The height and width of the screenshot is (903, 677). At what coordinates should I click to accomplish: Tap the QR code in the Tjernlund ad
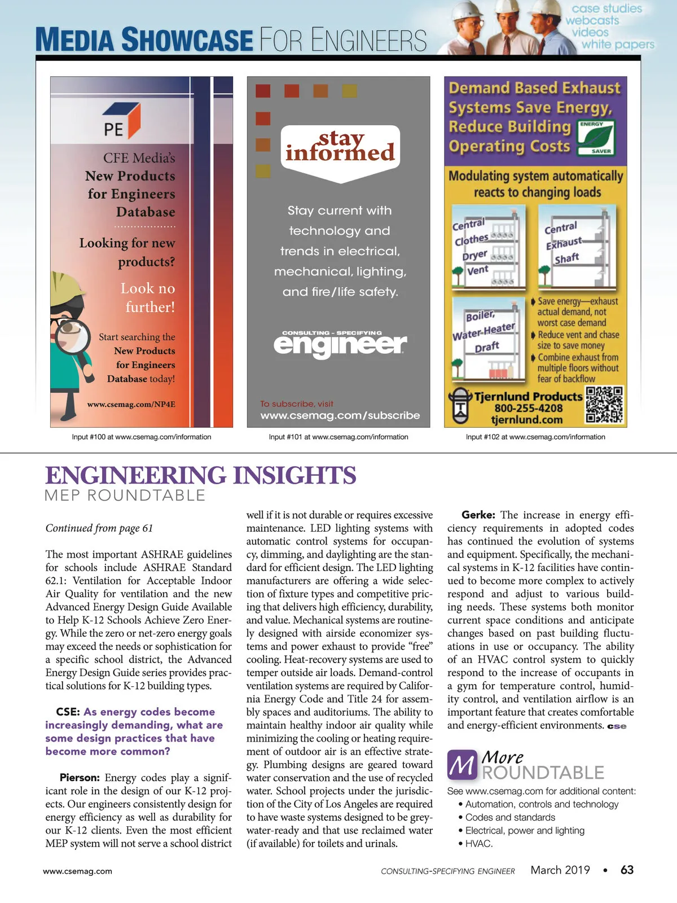click(x=604, y=405)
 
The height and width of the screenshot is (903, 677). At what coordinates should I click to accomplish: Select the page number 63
click(x=627, y=870)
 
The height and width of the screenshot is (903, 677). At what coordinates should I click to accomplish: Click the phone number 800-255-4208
click(x=528, y=408)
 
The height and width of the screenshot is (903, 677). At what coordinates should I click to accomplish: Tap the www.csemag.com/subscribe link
click(x=340, y=415)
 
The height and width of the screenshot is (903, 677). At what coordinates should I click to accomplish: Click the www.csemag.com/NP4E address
click(x=131, y=404)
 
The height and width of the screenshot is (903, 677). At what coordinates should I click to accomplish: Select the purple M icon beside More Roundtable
click(x=462, y=765)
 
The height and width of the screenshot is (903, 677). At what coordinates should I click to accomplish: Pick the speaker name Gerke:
click(x=478, y=515)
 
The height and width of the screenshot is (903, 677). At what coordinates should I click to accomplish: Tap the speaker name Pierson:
click(x=80, y=778)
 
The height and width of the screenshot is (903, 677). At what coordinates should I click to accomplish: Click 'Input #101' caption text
click(x=338, y=437)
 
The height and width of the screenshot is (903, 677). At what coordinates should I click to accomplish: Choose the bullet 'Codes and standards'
click(x=510, y=817)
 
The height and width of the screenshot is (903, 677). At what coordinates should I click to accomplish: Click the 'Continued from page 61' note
click(x=99, y=528)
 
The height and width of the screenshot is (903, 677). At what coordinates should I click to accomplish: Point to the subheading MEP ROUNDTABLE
click(x=125, y=496)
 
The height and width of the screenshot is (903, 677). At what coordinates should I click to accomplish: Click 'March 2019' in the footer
click(x=560, y=870)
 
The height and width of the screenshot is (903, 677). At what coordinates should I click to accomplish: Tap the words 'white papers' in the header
click(x=618, y=44)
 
